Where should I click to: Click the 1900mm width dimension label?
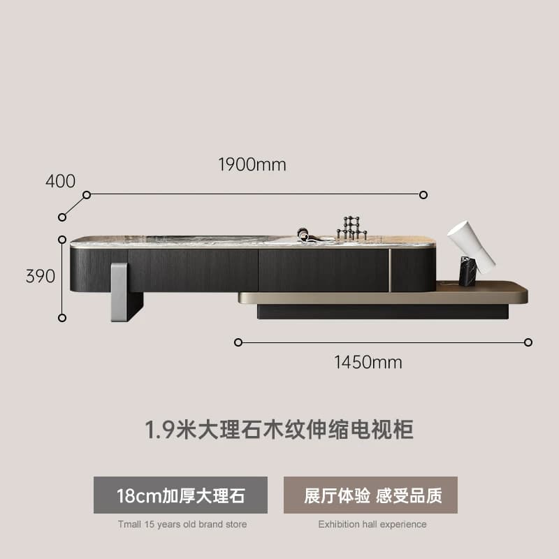coord(252,165)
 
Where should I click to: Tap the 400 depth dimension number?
coord(61,181)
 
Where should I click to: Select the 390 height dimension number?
coord(41,276)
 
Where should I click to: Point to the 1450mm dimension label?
coord(368,362)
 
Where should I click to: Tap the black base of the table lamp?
coord(467,272)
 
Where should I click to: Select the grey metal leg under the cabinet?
coord(119,292)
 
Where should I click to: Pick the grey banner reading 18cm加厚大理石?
coord(180,495)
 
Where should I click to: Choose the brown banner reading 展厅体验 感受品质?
coord(370,495)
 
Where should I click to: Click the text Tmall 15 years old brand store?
coord(182,525)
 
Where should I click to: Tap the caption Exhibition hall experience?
coord(372,525)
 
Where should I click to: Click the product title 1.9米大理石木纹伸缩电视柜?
coord(279,429)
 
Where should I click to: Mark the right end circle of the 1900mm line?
coord(423,195)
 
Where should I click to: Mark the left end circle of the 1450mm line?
coord(238,342)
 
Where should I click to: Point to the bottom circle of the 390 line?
coord(62,318)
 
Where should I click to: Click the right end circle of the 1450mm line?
coord(528,342)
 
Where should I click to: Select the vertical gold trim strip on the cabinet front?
coord(390,270)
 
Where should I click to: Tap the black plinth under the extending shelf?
coord(382,312)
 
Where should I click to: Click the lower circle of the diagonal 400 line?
coord(62,217)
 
